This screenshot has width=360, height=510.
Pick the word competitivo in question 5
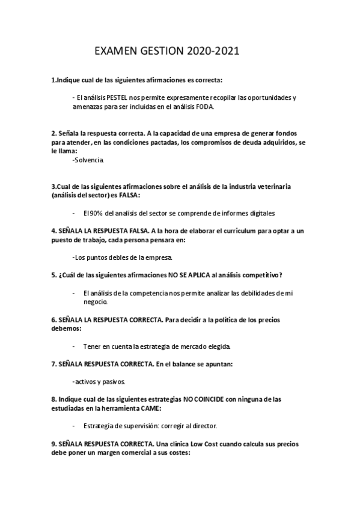[x=261, y=275]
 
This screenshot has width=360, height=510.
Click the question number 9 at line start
[x=53, y=444]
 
